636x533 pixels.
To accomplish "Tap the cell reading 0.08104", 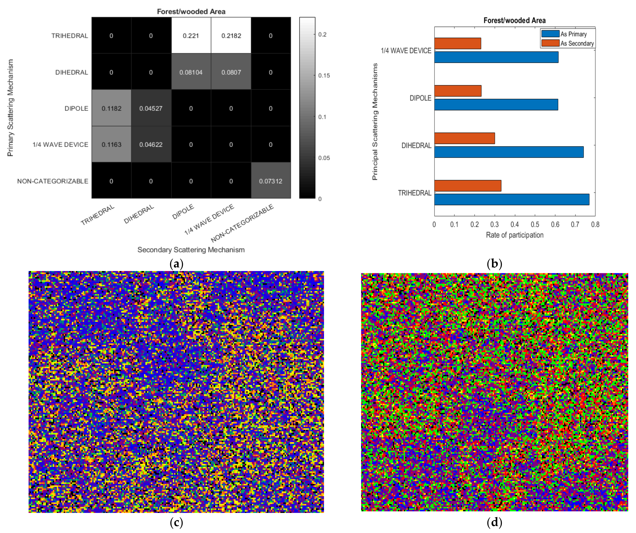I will (191, 72).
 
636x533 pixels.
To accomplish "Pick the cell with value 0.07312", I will (270, 181).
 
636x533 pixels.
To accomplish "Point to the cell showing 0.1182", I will (111, 108).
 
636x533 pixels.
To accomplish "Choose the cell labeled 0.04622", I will (151, 145).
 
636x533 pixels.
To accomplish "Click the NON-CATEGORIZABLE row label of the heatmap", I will (53, 181).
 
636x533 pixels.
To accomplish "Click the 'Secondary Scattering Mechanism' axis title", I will (191, 250).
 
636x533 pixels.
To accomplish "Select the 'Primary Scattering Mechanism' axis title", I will (11, 108).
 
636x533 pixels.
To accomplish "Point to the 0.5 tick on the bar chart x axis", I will (535, 224).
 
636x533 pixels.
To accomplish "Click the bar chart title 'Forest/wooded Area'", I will (515, 20).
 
